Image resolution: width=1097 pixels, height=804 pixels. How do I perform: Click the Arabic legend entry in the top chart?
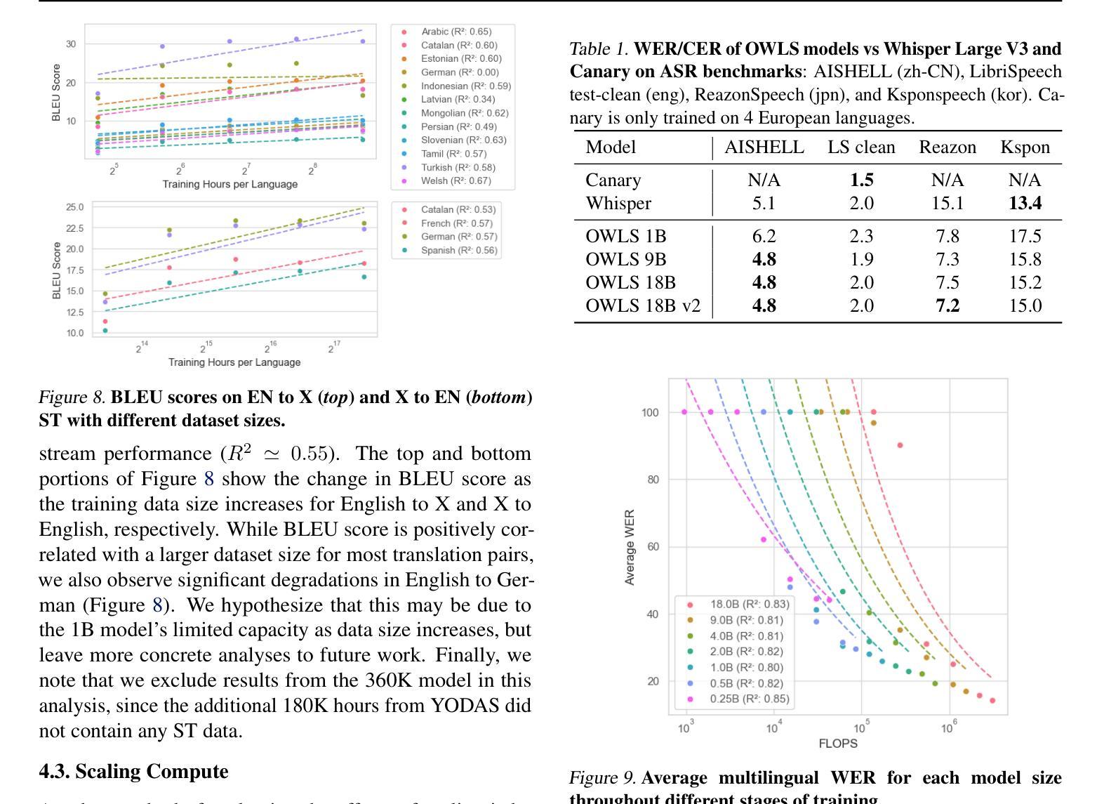446,32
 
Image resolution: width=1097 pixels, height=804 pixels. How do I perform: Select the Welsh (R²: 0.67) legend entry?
446,180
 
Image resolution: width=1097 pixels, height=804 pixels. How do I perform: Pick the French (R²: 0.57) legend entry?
447,223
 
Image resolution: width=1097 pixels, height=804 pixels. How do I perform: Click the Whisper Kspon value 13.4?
1025,204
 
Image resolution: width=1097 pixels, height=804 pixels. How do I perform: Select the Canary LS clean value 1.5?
862,180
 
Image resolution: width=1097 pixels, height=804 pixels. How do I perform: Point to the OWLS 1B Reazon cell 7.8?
947,236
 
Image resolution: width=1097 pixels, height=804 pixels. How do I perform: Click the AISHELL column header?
764,147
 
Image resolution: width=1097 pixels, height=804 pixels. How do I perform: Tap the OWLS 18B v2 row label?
643,305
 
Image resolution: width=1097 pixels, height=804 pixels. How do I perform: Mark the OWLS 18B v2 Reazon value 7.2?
947,305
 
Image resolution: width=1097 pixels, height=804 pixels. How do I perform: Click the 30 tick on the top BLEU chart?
71,44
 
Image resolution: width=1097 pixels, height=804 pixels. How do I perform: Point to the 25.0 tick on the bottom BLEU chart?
75,207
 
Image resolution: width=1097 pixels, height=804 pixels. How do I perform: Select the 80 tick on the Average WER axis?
653,480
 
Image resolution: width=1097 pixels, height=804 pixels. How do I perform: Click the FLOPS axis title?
838,744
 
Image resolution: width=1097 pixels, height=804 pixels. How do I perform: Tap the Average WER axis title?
630,547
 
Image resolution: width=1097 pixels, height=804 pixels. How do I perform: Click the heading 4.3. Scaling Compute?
133,772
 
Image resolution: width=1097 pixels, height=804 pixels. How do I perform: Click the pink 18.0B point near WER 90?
900,445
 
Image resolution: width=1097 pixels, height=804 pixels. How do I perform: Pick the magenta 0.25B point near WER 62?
763,539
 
